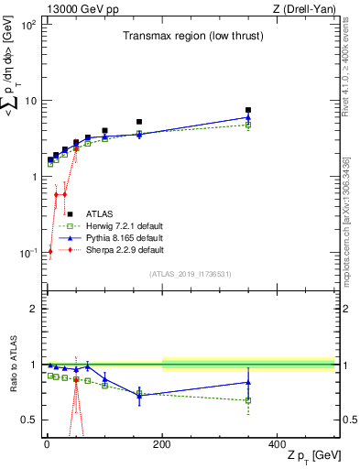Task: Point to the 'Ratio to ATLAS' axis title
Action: click(13, 365)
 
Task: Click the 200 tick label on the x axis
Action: click(162, 444)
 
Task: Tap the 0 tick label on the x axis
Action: click(47, 444)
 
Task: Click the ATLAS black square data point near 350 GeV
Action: click(248, 110)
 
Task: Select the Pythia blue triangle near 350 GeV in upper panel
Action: click(248, 117)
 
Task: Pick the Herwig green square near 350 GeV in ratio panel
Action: click(248, 400)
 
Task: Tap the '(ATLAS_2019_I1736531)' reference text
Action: click(191, 274)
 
